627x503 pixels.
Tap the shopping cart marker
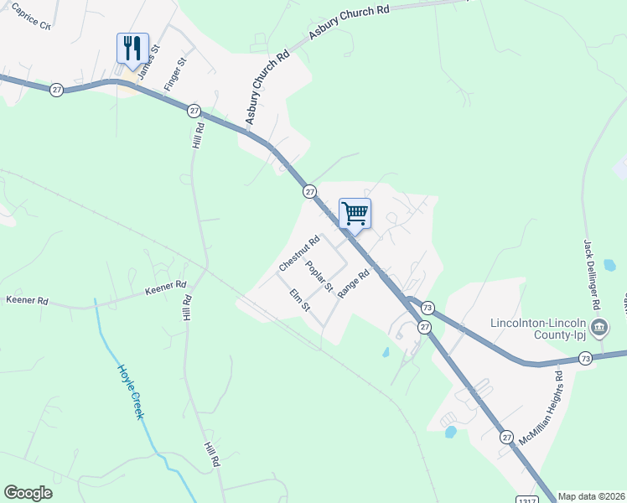point(355,213)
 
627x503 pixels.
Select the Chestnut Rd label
point(299,253)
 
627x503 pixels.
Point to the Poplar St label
point(319,277)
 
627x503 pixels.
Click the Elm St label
point(300,300)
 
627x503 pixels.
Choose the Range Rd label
point(354,280)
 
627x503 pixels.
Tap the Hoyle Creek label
point(131,392)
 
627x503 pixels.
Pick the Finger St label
point(175,75)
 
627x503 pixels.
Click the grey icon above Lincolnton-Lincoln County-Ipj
point(599,327)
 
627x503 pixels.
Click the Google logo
point(28,493)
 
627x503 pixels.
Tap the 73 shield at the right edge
point(586,358)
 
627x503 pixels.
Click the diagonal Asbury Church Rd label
point(267,87)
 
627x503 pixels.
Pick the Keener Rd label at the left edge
point(27,300)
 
